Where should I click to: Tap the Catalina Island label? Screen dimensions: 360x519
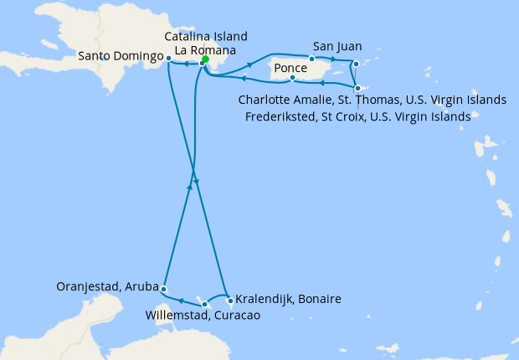click(x=206, y=37)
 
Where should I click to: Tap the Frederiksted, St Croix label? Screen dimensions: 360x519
click(x=357, y=117)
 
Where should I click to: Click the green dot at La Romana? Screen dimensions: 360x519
click(x=206, y=59)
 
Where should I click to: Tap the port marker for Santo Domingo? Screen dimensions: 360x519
click(x=169, y=59)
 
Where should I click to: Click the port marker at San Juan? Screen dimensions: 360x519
click(x=311, y=59)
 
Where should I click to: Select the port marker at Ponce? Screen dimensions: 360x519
click(x=291, y=79)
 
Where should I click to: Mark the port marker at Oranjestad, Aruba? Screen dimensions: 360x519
click(x=164, y=289)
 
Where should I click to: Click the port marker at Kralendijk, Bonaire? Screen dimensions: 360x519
click(x=229, y=299)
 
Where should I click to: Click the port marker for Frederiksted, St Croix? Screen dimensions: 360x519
click(x=357, y=89)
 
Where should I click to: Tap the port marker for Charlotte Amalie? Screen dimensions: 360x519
click(x=357, y=64)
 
